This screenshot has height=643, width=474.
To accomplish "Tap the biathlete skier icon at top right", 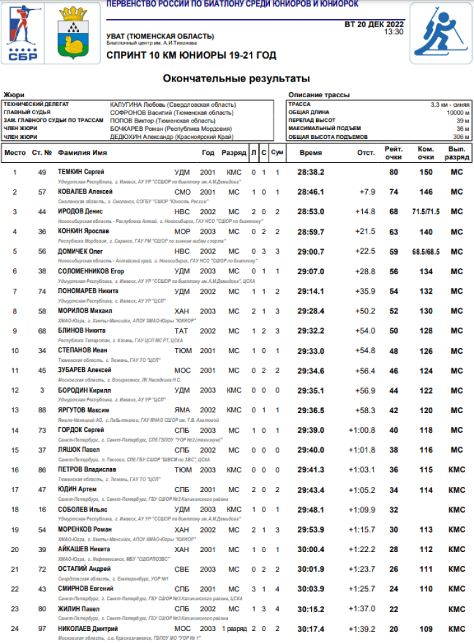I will pyautogui.click(x=440, y=33).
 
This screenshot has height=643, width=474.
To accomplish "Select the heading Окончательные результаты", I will pyautogui.click(x=236, y=79).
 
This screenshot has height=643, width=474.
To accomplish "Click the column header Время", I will pyautogui.click(x=310, y=153).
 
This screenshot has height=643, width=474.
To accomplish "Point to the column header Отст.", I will pyautogui.click(x=365, y=153).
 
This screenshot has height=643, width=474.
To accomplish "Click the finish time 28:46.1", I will pyautogui.click(x=310, y=192).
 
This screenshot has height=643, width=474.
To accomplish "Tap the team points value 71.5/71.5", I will pyautogui.click(x=426, y=212).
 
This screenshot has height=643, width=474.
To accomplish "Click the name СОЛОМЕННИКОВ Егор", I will pyautogui.click(x=91, y=271).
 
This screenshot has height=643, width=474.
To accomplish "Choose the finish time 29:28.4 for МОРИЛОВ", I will pyautogui.click(x=310, y=311).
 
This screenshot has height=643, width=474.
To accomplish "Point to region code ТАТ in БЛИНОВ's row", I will pyautogui.click(x=181, y=331).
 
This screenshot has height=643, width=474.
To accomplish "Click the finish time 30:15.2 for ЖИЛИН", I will pyautogui.click(x=310, y=609).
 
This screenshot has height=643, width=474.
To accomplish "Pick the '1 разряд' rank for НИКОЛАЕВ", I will pyautogui.click(x=234, y=629).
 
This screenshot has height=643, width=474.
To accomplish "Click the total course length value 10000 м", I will pyautogui.click(x=457, y=112).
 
